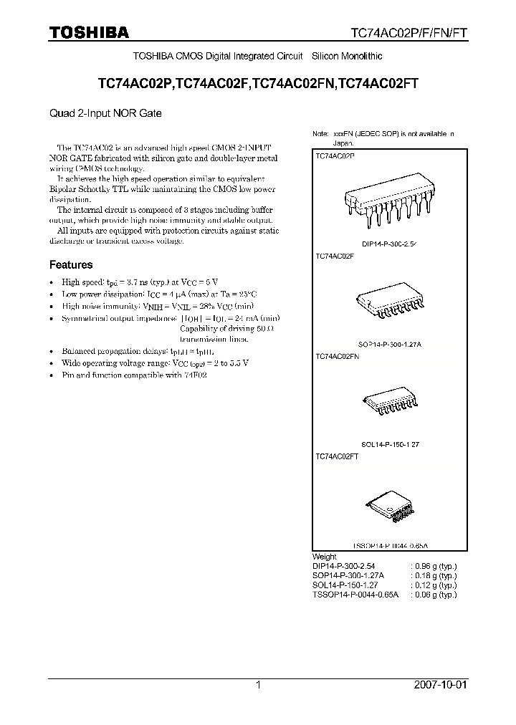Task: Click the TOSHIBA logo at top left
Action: point(89,32)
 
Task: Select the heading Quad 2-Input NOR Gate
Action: point(105,113)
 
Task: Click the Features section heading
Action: point(71,264)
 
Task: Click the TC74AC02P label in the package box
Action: point(335,155)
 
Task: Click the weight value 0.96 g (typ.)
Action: point(434,566)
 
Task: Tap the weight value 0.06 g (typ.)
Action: point(434,594)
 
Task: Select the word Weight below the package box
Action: point(325,557)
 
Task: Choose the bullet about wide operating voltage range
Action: point(155,363)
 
